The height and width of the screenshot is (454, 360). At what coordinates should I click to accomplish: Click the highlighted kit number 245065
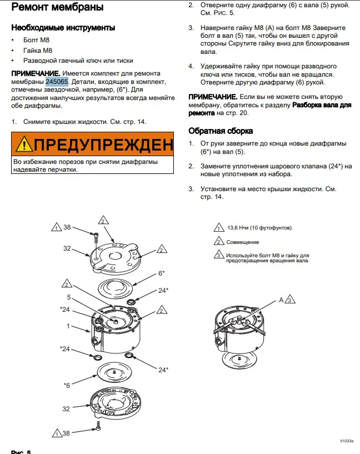tap(57, 81)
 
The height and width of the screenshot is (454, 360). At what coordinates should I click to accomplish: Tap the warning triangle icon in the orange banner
tap(24, 145)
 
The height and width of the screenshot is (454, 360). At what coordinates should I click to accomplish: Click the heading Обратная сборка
tap(221, 131)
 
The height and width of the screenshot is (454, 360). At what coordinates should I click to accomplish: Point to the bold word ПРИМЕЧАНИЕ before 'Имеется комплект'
tap(36, 73)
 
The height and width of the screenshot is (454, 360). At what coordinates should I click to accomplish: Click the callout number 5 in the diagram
tap(69, 297)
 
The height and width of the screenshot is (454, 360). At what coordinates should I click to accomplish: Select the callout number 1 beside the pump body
tap(68, 326)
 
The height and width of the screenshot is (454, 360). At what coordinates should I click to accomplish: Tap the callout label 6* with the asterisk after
tap(162, 273)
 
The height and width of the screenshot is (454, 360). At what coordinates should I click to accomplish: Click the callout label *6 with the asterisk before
tap(66, 385)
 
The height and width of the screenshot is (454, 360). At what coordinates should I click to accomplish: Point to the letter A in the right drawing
tap(281, 300)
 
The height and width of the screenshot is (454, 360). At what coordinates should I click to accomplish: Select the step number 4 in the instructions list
tap(191, 66)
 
